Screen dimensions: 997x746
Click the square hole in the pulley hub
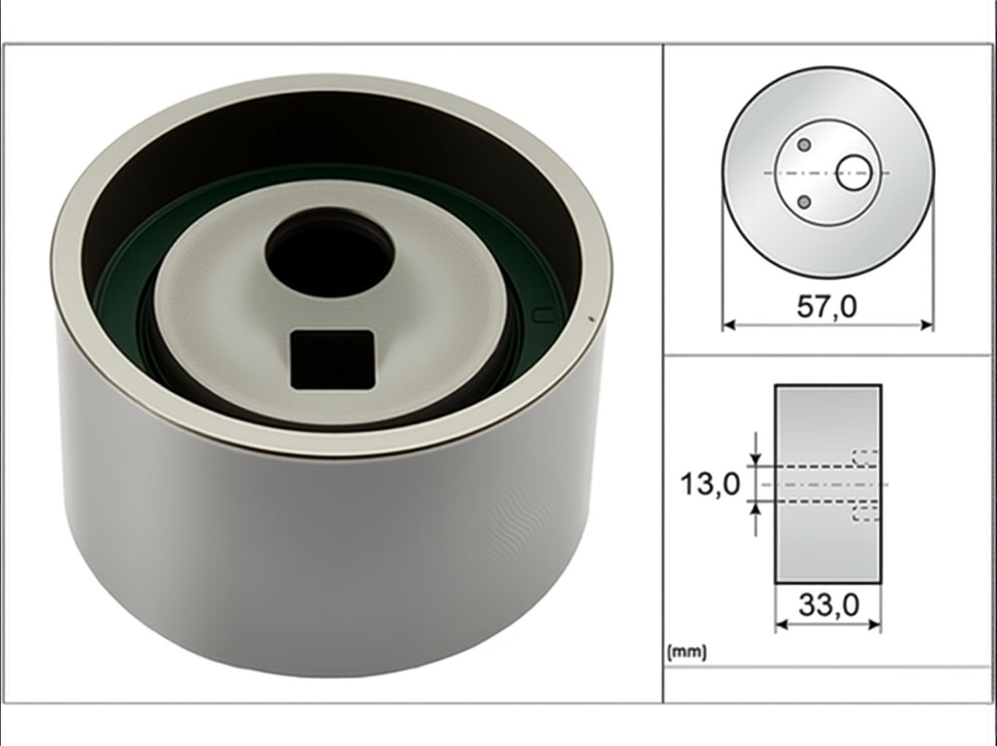coord(332,360)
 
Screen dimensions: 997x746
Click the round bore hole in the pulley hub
coord(330,253)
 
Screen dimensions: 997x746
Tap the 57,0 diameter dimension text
coord(826,307)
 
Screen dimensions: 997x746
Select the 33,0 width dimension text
coord(829,605)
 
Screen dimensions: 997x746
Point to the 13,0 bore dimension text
coord(710,484)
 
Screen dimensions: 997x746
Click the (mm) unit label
coord(687,653)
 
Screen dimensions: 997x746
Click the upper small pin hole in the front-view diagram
coord(804,145)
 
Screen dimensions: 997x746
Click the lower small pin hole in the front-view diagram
coord(804,202)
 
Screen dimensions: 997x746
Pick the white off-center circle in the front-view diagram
coord(854,173)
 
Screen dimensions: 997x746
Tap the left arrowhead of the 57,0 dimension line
coord(729,325)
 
